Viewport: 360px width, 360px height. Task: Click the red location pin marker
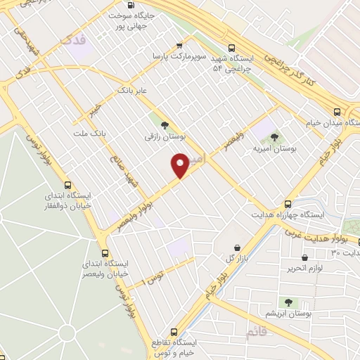click(181, 165)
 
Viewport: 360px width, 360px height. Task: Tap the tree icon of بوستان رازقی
click(165, 126)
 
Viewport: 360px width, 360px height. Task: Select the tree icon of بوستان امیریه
click(274, 137)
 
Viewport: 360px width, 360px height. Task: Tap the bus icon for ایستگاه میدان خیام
click(337, 111)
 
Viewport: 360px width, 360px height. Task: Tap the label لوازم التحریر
click(304, 269)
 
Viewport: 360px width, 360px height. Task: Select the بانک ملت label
click(89, 133)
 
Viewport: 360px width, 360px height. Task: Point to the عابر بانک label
click(133, 91)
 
